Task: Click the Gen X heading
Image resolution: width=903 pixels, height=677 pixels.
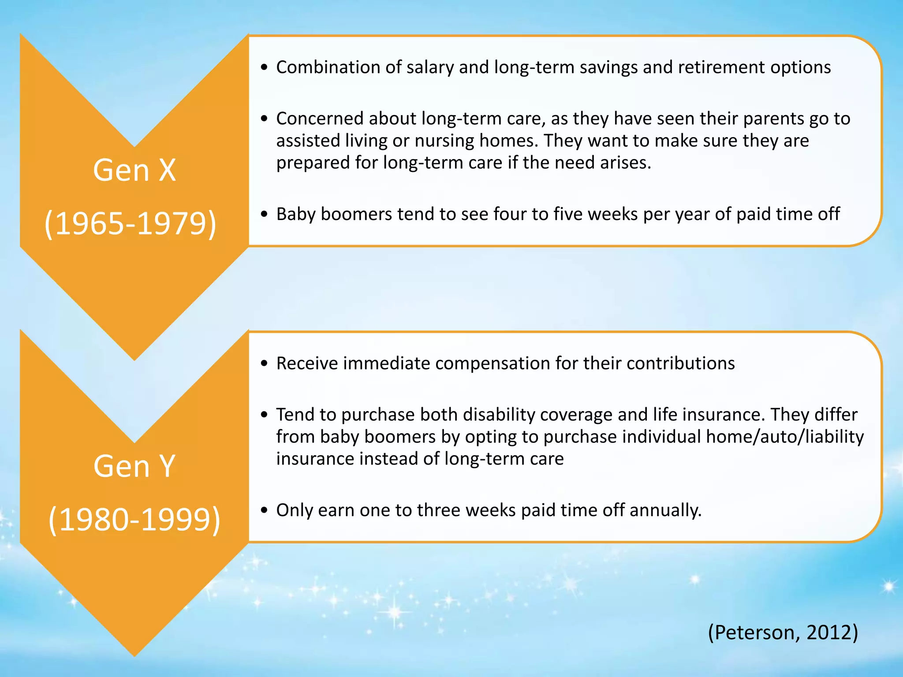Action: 134,170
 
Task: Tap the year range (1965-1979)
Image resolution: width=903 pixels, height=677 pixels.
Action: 131,223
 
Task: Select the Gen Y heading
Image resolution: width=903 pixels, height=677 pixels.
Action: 134,466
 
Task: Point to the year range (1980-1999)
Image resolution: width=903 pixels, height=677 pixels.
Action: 134,520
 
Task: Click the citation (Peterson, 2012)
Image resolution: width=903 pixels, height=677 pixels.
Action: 783,632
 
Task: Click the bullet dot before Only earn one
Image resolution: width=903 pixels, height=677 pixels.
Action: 264,510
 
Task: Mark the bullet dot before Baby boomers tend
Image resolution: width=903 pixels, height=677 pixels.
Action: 264,214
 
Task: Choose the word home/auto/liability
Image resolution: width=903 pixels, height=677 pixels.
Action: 785,437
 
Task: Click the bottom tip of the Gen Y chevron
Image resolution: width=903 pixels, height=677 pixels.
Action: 134,655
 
